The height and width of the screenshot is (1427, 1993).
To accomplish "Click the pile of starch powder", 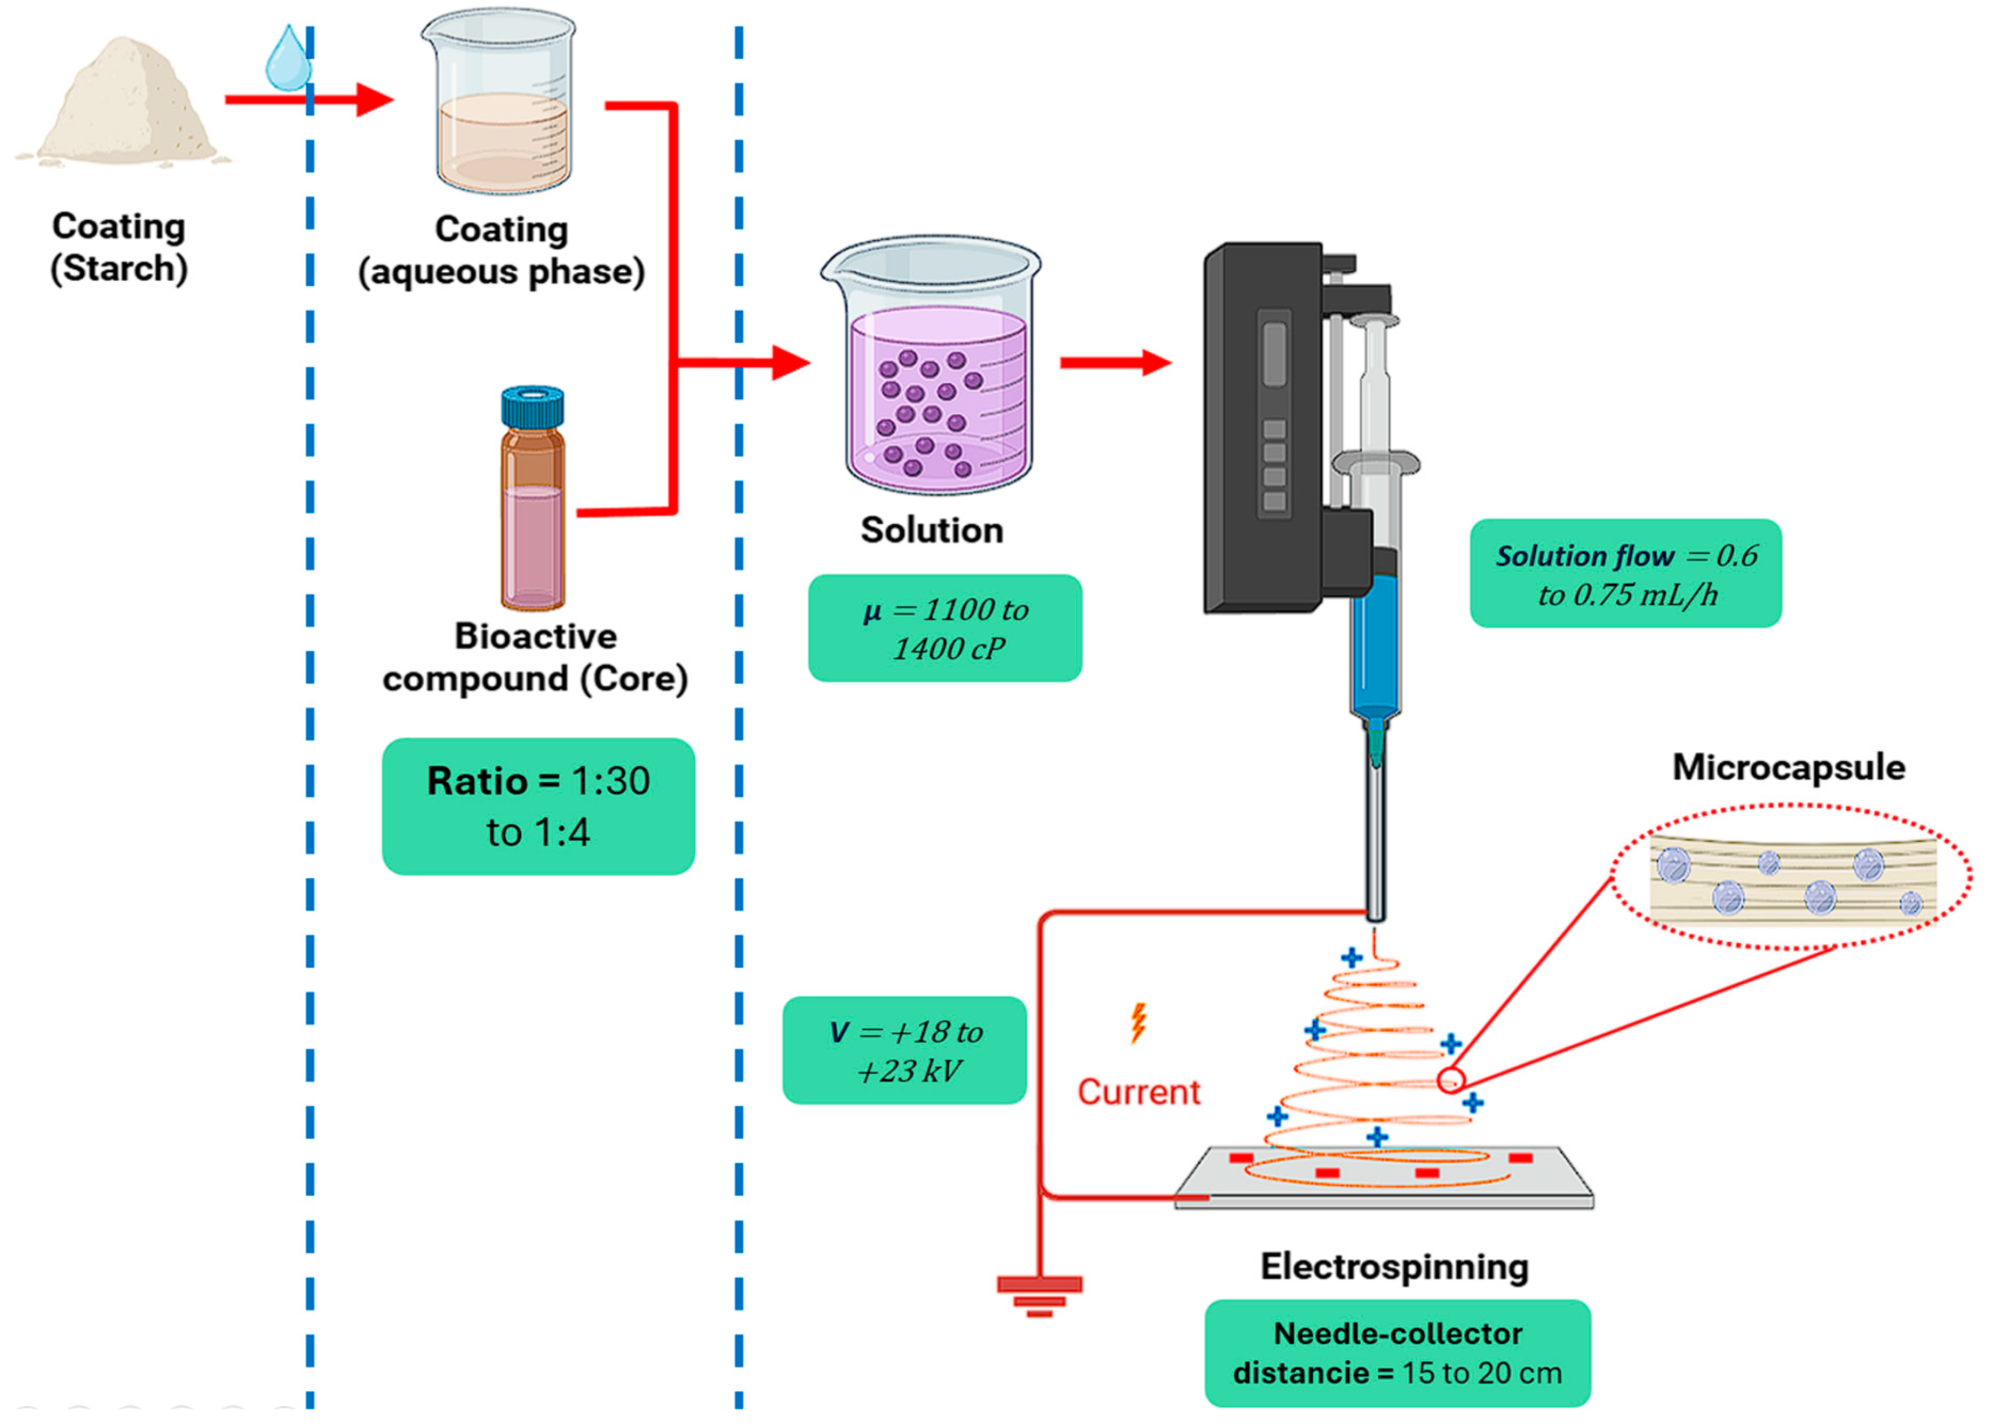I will tap(123, 106).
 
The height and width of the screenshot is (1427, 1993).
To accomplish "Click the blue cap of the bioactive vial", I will tap(533, 406).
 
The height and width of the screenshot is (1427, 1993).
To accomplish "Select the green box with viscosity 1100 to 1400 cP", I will tap(944, 628).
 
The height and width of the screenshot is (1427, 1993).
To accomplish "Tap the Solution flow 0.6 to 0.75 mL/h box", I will tap(1625, 574).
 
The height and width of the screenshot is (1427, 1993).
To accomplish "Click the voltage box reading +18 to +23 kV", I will tap(904, 1050).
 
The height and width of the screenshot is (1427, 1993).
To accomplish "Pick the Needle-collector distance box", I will tap(1396, 1353).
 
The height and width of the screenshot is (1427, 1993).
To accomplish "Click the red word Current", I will tap(1138, 1092).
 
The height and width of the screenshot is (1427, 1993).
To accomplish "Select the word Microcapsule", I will tap(1788, 767).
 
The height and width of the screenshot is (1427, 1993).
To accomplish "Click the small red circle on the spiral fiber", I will tap(1450, 1080).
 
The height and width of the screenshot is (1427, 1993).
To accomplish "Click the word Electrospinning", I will tap(1394, 1266).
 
